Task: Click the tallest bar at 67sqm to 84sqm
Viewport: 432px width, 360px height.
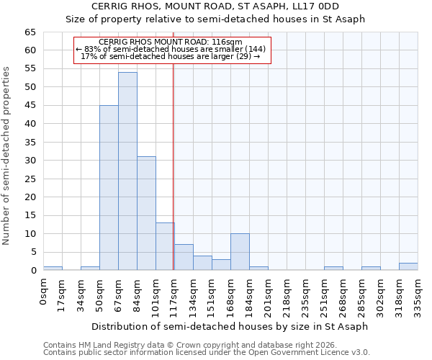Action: point(127,171)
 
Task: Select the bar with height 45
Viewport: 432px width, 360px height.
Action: point(109,188)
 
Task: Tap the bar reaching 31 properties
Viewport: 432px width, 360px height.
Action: point(146,213)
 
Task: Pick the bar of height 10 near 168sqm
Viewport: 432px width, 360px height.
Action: point(240,252)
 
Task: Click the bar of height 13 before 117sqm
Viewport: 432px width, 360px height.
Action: point(165,246)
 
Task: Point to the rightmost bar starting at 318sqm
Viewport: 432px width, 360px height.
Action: point(408,266)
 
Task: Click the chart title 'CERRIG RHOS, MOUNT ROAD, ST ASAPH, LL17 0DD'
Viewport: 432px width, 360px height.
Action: point(215,7)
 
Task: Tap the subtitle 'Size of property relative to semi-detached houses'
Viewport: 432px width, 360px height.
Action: point(215,19)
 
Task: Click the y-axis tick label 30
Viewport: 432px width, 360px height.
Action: point(30,161)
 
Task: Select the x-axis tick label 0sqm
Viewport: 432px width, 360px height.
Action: point(43,291)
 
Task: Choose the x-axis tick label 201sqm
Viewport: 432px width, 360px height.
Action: point(268,294)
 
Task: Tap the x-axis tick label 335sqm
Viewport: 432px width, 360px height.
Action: point(418,294)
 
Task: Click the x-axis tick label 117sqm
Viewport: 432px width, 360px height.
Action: point(174,294)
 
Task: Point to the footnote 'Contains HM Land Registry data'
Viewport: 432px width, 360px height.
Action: point(206,345)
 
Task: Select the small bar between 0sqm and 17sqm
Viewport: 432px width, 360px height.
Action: point(53,269)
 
